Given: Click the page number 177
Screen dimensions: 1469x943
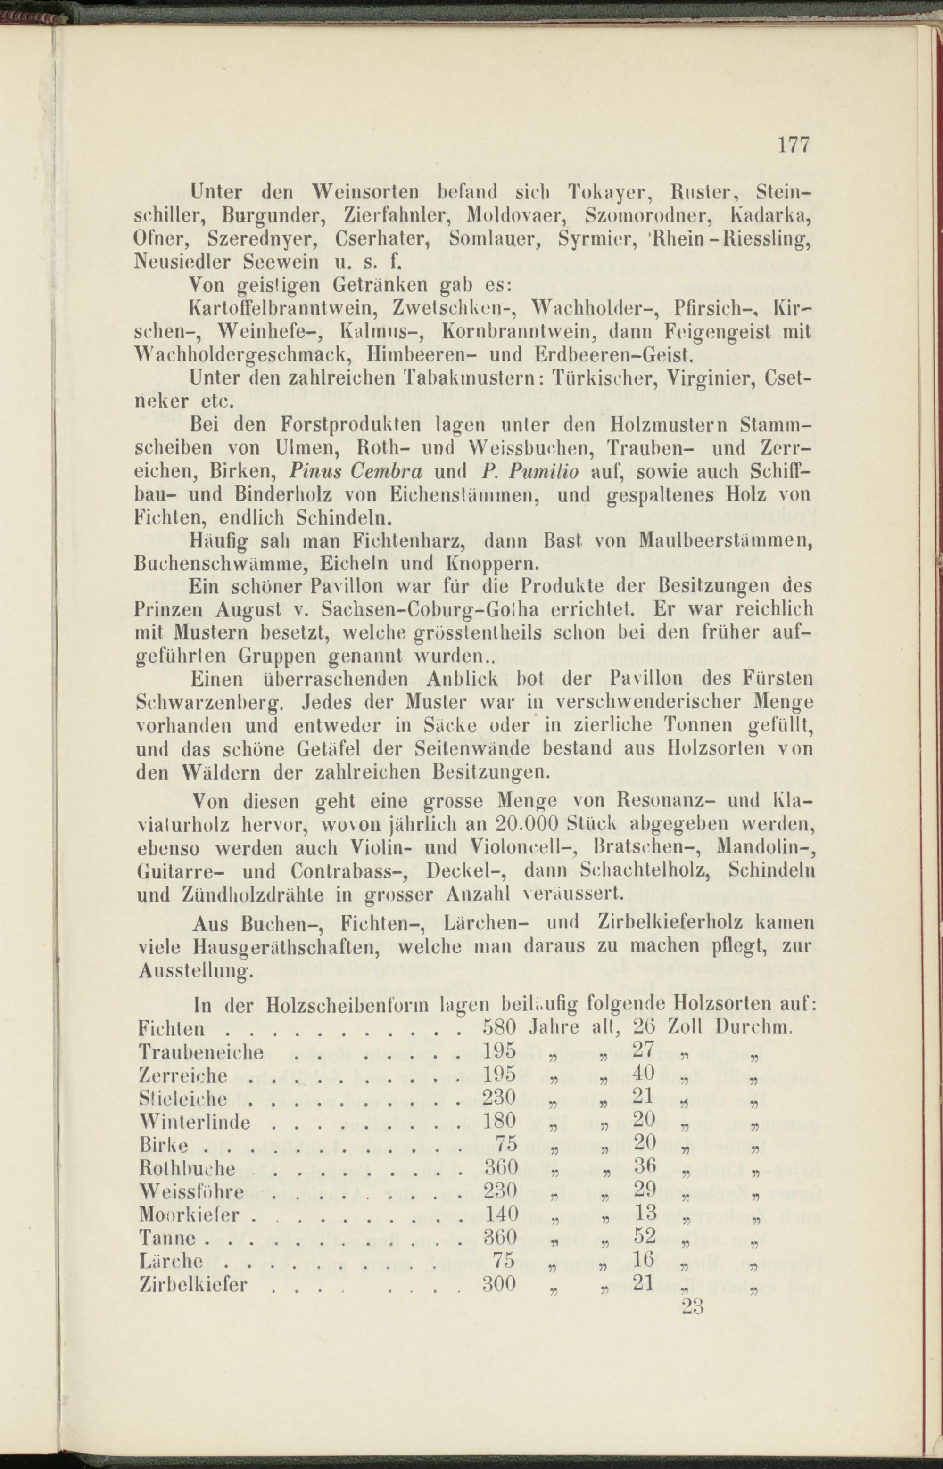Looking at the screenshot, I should click(x=794, y=145).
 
